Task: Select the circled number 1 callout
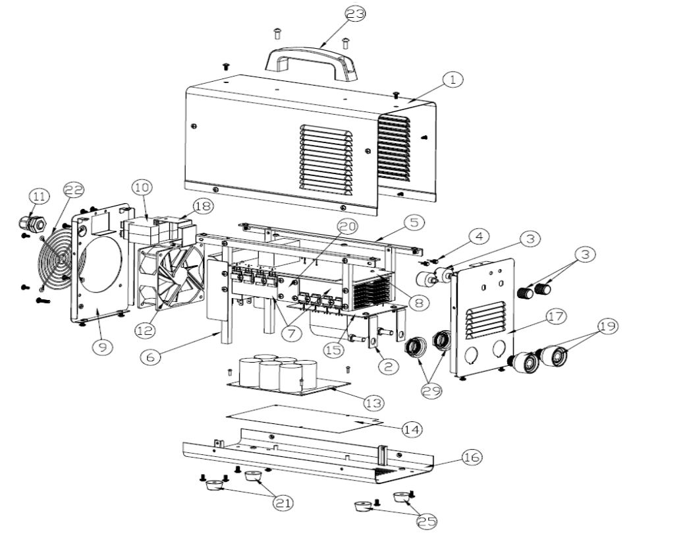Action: tap(452, 79)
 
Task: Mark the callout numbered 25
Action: tap(427, 521)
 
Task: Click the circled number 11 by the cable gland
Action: tap(39, 196)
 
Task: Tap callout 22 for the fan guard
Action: tap(74, 189)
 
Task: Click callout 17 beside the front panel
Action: tap(556, 316)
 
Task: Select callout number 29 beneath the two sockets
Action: tap(431, 390)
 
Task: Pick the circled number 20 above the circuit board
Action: tap(347, 226)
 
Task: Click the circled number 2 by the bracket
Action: tap(389, 367)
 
